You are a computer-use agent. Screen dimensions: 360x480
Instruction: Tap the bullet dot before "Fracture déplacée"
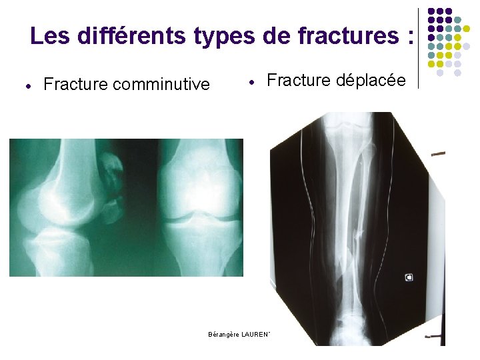click(251, 82)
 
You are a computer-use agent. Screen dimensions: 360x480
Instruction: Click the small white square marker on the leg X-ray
click(409, 277)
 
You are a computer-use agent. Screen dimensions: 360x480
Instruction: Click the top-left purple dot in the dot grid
click(431, 11)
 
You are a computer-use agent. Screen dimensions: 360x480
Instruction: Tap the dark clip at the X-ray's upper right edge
click(438, 153)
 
